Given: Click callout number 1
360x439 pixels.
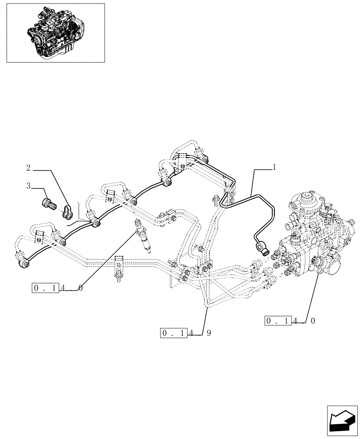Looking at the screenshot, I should (274, 167).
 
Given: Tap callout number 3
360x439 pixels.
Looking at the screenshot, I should (29, 186).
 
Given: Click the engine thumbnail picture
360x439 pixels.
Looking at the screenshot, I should (55, 33).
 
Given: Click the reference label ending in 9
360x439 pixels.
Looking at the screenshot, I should (187, 333).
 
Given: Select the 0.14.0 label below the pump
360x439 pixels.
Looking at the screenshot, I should (290, 320).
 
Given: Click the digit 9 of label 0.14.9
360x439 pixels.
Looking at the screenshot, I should (209, 333).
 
